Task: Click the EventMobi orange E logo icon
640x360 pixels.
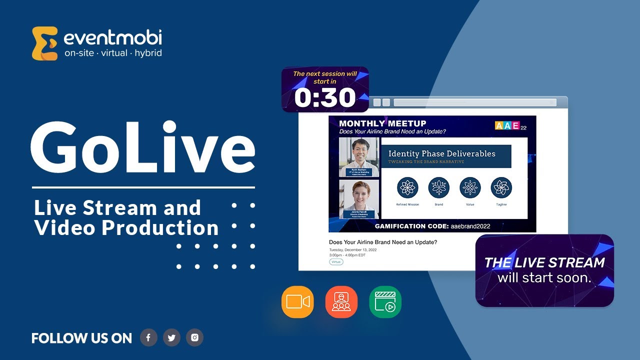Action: [x=44, y=43]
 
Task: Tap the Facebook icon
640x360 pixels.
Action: [x=148, y=337]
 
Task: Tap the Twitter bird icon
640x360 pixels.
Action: [x=171, y=337]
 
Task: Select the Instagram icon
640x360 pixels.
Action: [x=194, y=337]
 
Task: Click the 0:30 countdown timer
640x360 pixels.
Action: [x=325, y=97]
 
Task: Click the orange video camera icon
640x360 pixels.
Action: [x=297, y=302]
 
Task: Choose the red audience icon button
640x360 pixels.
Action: [x=341, y=302]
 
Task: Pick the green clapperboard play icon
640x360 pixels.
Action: [x=385, y=302]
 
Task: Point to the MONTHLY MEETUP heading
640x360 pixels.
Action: [x=382, y=123]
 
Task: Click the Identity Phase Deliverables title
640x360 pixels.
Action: [x=441, y=153]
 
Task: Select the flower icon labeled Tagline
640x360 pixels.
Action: [x=501, y=188]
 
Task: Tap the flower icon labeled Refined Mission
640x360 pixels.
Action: [x=407, y=188]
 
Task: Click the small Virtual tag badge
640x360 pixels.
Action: [x=336, y=262]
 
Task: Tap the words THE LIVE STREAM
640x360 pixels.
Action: [x=544, y=262]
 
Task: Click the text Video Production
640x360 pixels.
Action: [x=126, y=228]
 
